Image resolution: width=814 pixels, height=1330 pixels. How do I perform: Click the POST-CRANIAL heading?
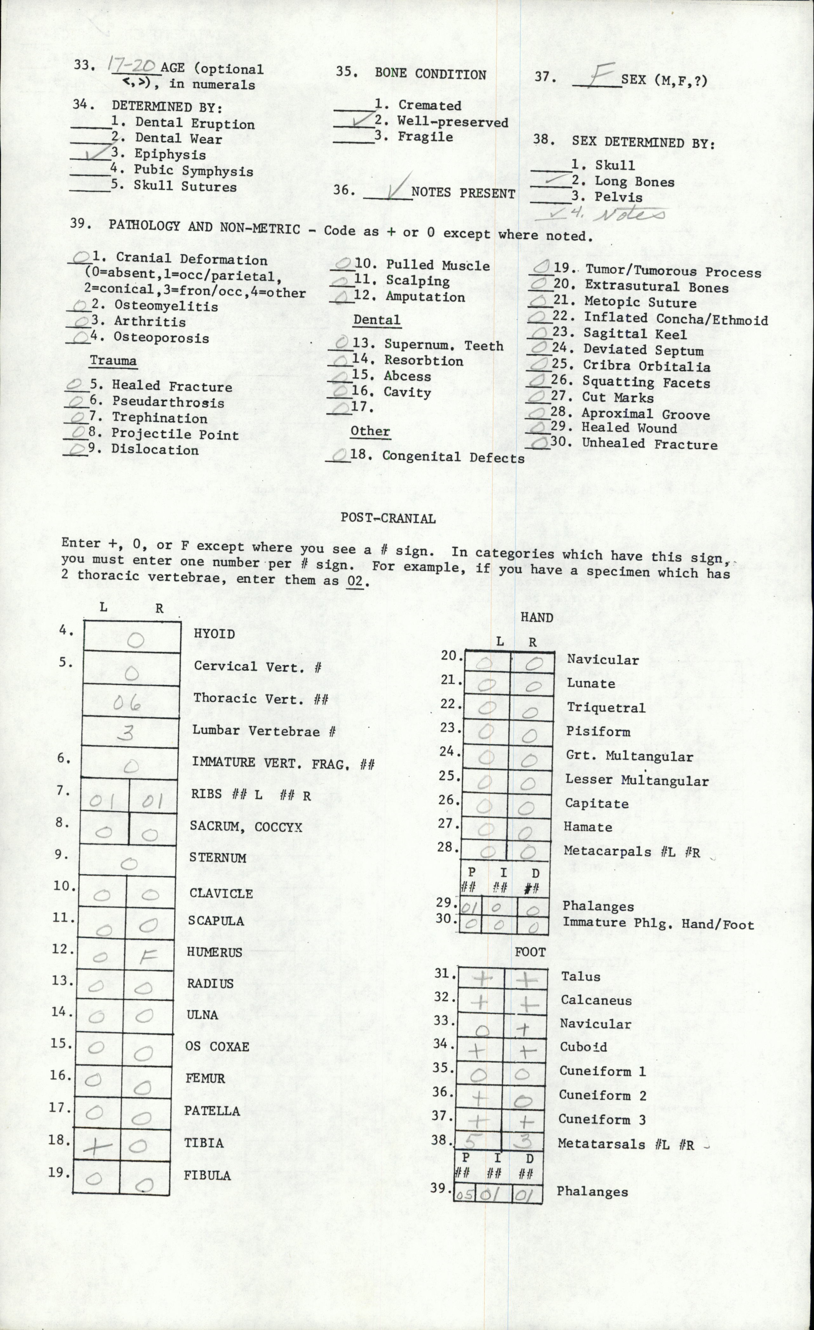(388, 519)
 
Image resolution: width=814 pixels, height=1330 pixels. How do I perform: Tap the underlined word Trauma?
(113, 360)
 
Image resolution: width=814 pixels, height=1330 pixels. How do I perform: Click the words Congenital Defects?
(453, 458)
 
